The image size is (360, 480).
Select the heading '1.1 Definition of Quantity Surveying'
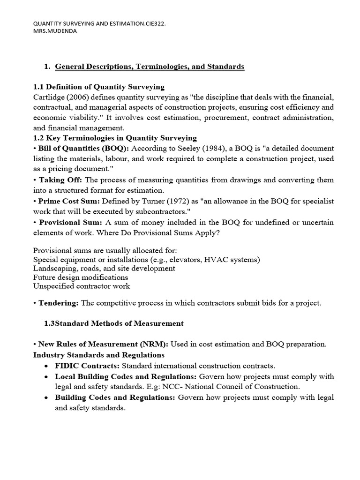coord(98,87)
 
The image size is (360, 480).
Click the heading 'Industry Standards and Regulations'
coord(99,354)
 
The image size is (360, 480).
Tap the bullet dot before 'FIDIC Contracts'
coord(46,366)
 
